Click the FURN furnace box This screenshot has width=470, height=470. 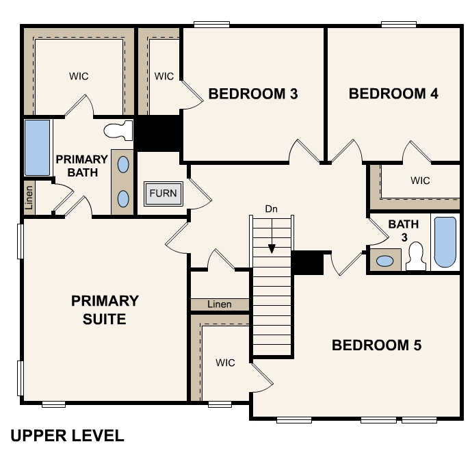click(x=164, y=194)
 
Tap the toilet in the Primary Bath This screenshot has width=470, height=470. click(x=118, y=131)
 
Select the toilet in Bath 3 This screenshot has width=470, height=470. click(x=416, y=257)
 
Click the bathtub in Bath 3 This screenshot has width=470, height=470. click(x=445, y=242)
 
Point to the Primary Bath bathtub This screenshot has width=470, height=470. click(x=37, y=148)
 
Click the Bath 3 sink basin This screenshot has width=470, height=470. click(x=385, y=261)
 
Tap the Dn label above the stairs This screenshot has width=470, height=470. click(x=272, y=209)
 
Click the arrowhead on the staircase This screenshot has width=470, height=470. click(x=272, y=249)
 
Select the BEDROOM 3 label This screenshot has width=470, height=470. click(x=253, y=94)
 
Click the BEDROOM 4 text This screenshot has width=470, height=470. click(x=393, y=94)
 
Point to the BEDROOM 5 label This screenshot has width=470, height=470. click(x=376, y=345)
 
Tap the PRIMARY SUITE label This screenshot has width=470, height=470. click(x=105, y=310)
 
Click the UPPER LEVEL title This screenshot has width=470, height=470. click(x=67, y=436)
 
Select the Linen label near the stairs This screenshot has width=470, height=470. click(x=220, y=304)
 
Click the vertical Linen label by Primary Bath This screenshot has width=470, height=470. click(x=29, y=198)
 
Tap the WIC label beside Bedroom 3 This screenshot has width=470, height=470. click(x=164, y=76)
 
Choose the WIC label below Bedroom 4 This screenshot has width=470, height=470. click(x=420, y=181)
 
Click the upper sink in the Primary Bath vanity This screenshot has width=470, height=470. click(x=123, y=165)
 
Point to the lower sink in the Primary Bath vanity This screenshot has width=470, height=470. click(x=123, y=198)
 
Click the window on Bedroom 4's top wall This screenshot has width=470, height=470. click(x=399, y=24)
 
